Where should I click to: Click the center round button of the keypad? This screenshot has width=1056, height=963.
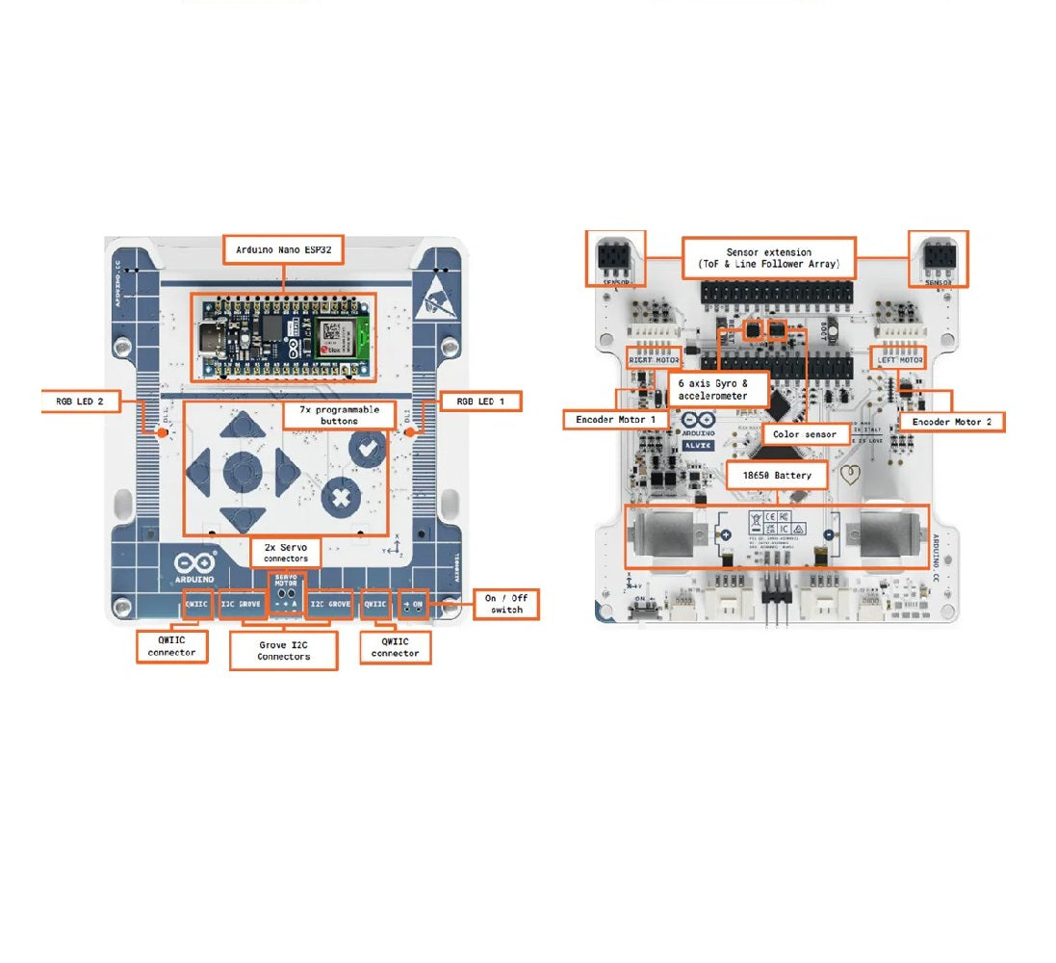click(243, 472)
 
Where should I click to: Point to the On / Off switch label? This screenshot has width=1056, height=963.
click(506, 604)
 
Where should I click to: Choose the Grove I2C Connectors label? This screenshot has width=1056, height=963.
click(283, 650)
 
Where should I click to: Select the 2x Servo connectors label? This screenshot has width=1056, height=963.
click(286, 552)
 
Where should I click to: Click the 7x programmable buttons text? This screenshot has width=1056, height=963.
click(333, 415)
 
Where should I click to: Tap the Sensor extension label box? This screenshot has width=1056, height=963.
click(769, 257)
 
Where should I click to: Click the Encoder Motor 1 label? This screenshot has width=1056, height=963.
click(615, 420)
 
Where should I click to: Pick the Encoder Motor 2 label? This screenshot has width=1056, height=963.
click(951, 421)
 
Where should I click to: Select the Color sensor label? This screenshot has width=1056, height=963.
click(806, 434)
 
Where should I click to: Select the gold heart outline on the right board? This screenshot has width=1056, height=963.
click(849, 474)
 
